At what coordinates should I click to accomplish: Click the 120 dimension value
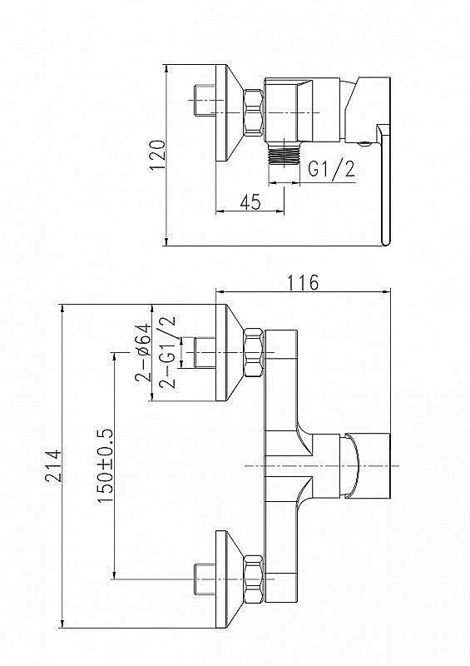157,156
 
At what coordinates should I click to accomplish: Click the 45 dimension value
250,202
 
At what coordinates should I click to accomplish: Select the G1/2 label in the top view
331,169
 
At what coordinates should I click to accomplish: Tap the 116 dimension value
303,282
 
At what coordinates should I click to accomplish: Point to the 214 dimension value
54,465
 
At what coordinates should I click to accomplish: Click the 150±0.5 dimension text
106,465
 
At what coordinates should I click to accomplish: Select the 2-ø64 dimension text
143,353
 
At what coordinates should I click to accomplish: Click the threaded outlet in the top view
284,153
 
